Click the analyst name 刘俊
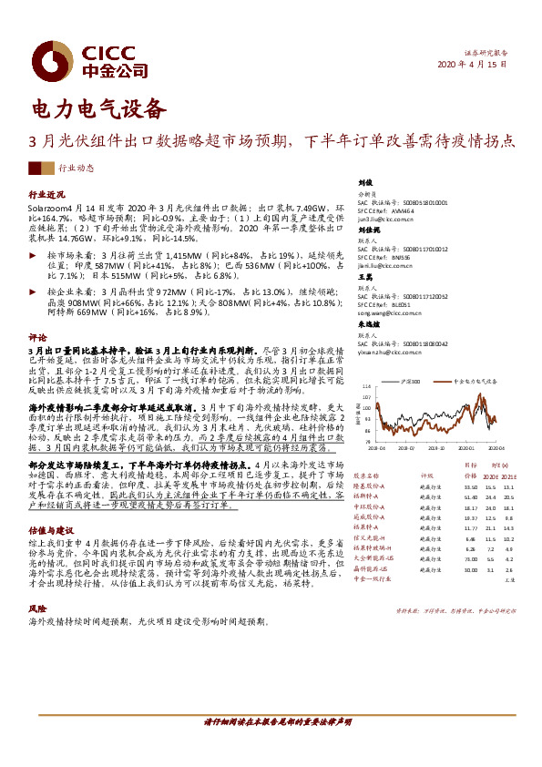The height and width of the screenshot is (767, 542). (366, 182)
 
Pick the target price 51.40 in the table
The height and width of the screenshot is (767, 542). (471, 496)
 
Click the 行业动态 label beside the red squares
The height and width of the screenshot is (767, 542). (76, 168)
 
